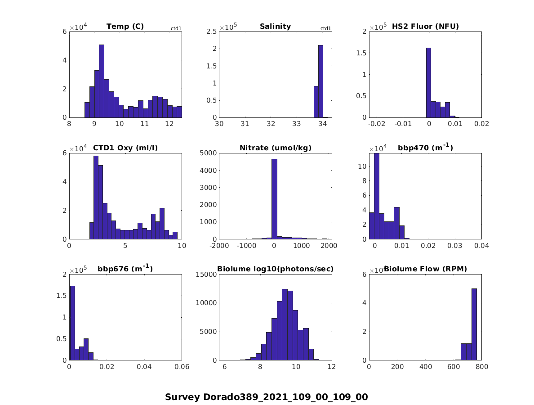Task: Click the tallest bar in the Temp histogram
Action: [102, 81]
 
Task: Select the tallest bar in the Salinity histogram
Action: [320, 81]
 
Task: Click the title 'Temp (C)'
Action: [125, 27]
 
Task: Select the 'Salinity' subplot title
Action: [275, 27]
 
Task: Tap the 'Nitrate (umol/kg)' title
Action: [275, 148]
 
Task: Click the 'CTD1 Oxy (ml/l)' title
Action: [125, 148]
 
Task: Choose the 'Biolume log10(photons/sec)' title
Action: [275, 269]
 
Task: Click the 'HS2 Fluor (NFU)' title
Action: [425, 27]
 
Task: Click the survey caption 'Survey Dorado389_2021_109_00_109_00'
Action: [266, 397]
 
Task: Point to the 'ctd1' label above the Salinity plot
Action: [325, 29]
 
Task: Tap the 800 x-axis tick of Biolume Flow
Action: [481, 367]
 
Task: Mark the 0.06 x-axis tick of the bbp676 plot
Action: [182, 367]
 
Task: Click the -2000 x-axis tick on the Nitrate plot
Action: [219, 246]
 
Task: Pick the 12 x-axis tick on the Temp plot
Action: [169, 124]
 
